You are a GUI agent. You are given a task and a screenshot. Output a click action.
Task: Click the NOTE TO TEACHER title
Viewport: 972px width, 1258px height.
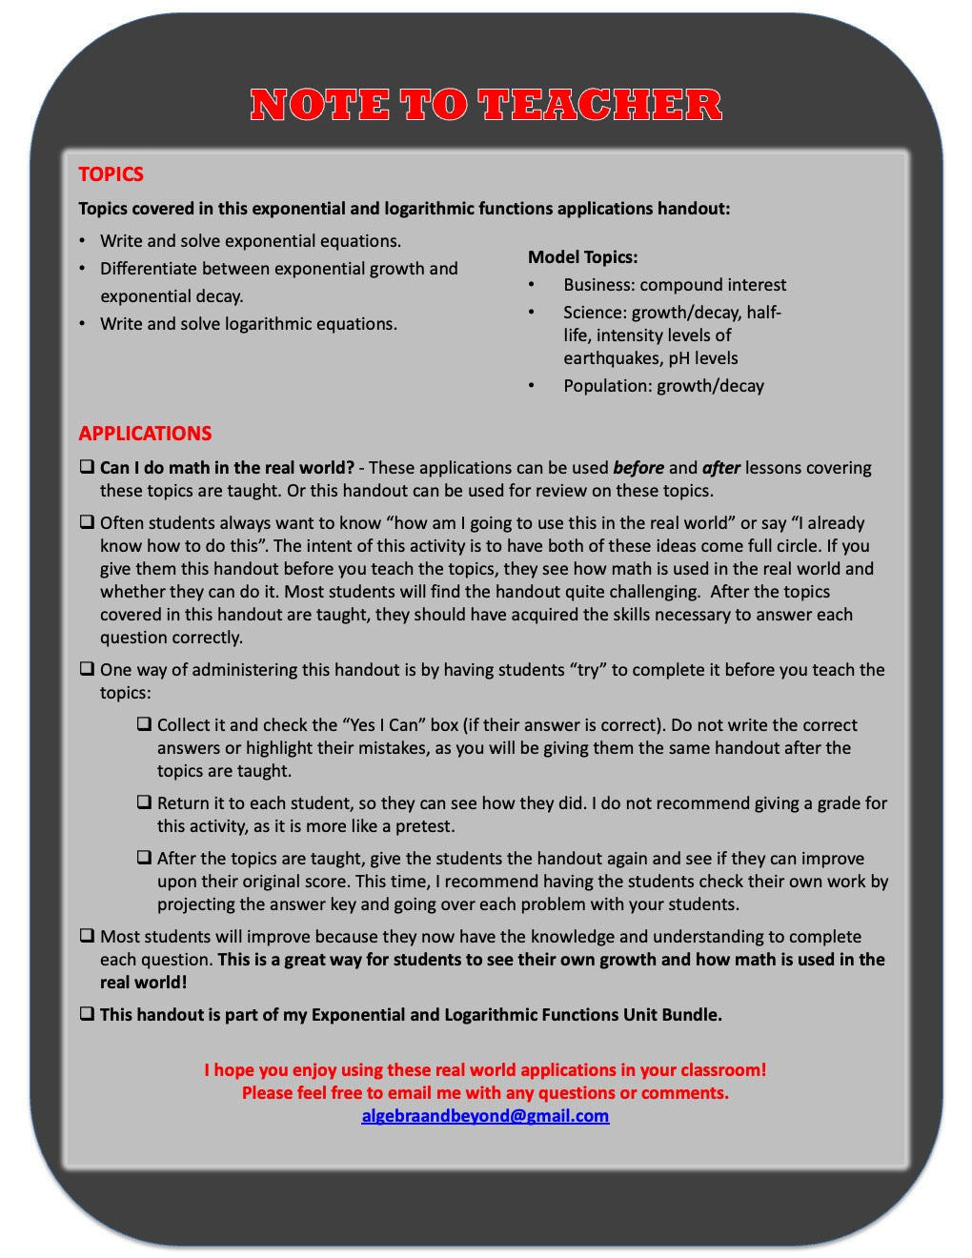(x=486, y=105)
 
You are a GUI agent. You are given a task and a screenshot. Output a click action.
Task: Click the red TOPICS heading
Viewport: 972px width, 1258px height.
(x=111, y=174)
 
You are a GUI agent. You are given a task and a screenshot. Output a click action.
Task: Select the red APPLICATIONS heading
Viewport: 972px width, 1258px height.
(x=145, y=433)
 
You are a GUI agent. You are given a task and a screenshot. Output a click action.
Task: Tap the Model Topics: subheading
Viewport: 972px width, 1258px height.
(x=582, y=257)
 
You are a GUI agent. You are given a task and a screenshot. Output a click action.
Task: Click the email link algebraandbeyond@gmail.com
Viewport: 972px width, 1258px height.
(x=485, y=1116)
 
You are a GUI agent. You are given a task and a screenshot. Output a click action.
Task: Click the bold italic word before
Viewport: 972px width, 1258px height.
(x=638, y=468)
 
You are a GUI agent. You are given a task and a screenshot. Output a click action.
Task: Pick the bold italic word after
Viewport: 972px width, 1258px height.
(x=721, y=468)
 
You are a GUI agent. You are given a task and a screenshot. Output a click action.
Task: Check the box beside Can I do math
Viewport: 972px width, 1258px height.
(x=87, y=467)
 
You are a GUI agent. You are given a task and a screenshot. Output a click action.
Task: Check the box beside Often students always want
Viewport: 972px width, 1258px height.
(x=87, y=522)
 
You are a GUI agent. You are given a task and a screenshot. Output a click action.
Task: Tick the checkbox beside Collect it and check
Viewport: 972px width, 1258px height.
(x=144, y=724)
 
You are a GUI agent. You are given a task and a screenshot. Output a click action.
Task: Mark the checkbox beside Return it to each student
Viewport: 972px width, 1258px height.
(x=144, y=802)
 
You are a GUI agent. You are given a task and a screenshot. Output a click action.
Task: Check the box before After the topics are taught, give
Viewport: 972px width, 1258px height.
(x=144, y=858)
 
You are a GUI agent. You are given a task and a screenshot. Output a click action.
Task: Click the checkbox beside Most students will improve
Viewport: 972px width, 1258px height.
(x=87, y=936)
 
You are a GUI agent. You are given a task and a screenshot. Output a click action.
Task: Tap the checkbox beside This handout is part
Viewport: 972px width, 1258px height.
(x=87, y=1014)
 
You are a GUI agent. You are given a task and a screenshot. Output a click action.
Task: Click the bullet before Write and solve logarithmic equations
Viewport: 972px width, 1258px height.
(x=82, y=324)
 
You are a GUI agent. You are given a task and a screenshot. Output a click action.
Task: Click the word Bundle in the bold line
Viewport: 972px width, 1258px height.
(x=692, y=1015)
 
